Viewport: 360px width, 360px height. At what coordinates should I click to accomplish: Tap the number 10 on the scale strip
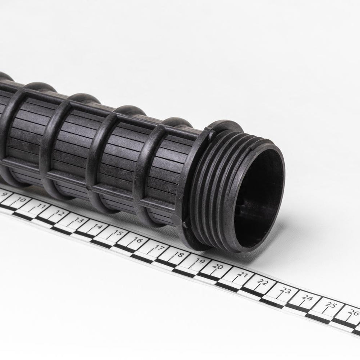point(21,200)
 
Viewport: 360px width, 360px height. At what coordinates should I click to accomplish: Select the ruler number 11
point(41,206)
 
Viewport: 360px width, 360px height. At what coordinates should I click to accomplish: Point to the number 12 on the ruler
point(60,213)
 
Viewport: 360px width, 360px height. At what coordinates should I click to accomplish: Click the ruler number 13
point(79,220)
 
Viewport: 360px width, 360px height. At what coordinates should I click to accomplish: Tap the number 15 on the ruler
point(118,233)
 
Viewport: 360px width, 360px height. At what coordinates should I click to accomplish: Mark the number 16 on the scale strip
point(138,240)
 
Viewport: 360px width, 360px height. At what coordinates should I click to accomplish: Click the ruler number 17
point(159,248)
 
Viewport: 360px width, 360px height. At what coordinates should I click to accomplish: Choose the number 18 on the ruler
point(179,255)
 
